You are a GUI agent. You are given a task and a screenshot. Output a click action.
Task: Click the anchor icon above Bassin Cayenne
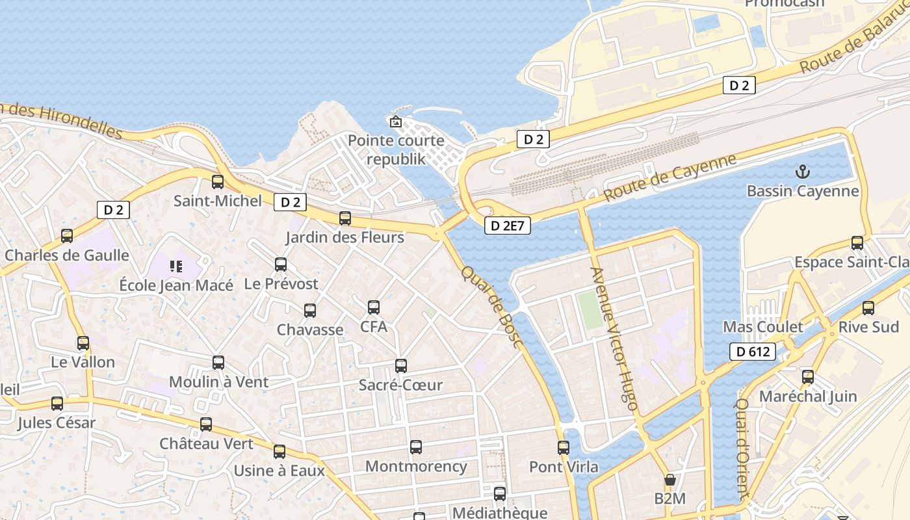(x=803, y=172)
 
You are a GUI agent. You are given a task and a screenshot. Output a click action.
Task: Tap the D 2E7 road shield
(x=508, y=226)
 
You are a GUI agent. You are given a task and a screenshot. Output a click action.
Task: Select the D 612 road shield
(x=753, y=352)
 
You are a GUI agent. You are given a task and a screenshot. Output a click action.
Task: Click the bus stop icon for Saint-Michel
(x=218, y=182)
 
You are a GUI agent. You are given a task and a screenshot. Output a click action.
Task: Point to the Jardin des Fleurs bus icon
(x=345, y=218)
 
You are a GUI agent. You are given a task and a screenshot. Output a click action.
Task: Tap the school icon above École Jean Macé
(x=176, y=266)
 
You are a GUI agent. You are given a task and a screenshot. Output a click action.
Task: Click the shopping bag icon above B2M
(x=669, y=480)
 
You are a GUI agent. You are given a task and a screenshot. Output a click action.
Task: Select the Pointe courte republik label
(x=396, y=150)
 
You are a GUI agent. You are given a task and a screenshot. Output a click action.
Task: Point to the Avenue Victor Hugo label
(x=614, y=339)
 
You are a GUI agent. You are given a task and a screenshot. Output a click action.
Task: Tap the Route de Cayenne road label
(x=670, y=177)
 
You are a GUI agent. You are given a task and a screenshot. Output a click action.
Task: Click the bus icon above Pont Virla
(x=564, y=448)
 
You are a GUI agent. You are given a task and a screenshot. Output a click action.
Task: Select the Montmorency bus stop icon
(x=416, y=447)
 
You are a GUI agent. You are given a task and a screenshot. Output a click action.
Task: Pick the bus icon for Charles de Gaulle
(x=67, y=236)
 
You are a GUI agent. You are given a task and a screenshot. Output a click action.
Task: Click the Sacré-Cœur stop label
(x=400, y=385)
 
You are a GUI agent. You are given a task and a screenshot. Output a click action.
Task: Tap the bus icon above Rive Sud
(x=868, y=308)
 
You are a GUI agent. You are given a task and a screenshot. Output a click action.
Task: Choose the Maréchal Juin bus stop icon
(x=808, y=377)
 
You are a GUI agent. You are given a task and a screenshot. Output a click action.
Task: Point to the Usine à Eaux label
(x=279, y=471)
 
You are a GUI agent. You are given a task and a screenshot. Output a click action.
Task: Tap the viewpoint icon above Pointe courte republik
(x=395, y=122)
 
